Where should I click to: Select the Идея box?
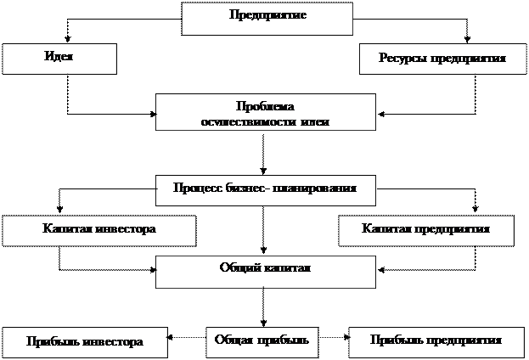click(58, 58)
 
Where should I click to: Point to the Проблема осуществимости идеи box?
click(265, 112)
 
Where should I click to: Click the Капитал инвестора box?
click(98, 230)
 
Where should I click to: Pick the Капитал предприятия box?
click(425, 230)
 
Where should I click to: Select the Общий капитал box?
click(265, 271)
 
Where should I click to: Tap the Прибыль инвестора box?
click(83, 341)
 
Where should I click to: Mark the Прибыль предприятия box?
click(436, 340)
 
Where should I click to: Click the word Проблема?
click(264, 106)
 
